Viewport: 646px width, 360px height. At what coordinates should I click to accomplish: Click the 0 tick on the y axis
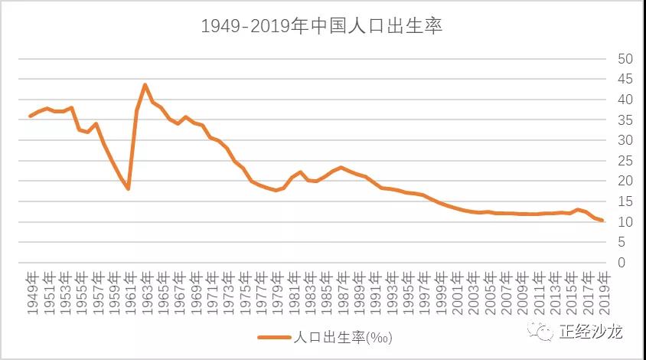point(622,263)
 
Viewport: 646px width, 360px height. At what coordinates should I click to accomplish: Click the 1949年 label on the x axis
point(33,292)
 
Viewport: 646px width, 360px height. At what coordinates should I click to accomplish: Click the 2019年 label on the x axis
point(603,292)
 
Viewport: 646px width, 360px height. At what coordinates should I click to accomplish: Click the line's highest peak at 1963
point(145,85)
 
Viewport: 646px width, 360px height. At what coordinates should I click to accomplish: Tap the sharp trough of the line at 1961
point(129,188)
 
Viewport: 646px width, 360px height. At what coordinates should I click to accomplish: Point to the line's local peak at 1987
point(341,167)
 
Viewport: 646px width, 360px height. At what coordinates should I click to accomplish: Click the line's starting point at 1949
point(30,116)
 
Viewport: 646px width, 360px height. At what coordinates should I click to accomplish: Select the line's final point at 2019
point(603,221)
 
